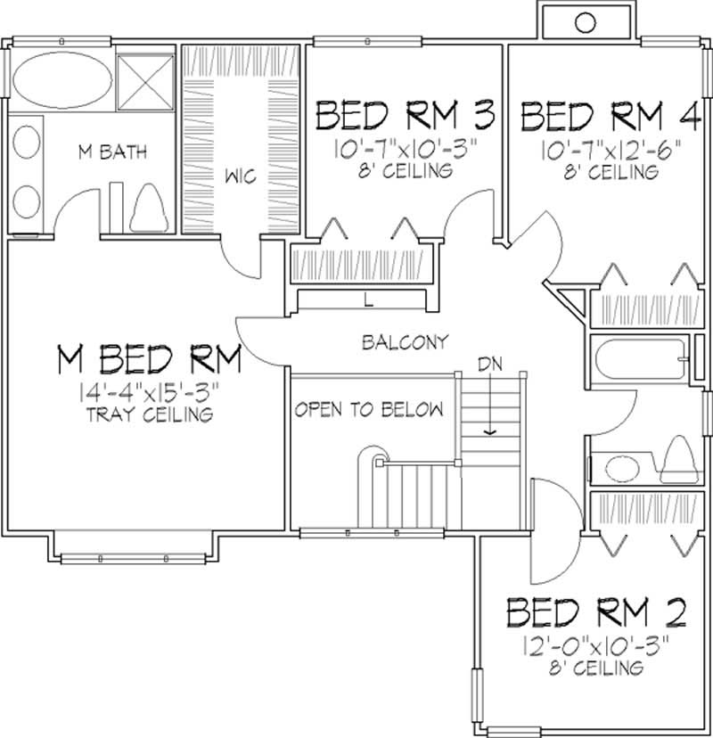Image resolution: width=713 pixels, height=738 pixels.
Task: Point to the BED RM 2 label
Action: tap(596, 613)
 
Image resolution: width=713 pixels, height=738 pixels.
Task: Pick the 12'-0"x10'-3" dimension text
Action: tap(596, 644)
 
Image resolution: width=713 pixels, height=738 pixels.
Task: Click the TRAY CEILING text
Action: tap(150, 414)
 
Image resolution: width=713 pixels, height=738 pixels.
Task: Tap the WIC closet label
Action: tap(241, 176)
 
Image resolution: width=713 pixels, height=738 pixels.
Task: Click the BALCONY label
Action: tap(405, 342)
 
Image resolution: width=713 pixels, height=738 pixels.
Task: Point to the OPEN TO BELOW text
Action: tap(369, 410)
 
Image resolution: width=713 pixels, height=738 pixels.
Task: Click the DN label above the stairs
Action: tap(488, 364)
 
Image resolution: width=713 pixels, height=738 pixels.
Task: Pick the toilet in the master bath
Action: tap(148, 212)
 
